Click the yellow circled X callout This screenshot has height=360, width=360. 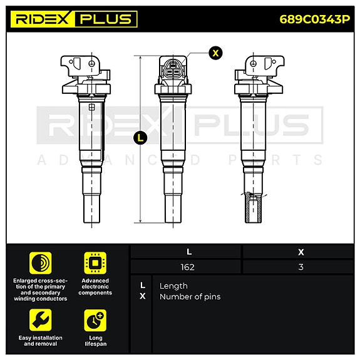[x=215, y=53]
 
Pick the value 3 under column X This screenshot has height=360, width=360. [x=301, y=267]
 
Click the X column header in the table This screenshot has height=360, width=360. [x=301, y=252]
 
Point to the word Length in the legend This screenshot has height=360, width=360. [x=173, y=285]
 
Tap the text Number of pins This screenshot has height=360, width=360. [x=190, y=297]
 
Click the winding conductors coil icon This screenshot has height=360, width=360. [x=40, y=262]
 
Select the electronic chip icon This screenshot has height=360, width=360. [x=95, y=262]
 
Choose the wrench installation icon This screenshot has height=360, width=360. [x=40, y=320]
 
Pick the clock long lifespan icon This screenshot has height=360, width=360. [x=95, y=320]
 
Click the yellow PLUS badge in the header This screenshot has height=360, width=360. [x=105, y=19]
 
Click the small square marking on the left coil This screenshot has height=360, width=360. [x=92, y=107]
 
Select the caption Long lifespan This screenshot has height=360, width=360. [x=95, y=341]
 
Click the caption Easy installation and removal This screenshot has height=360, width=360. [x=40, y=341]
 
